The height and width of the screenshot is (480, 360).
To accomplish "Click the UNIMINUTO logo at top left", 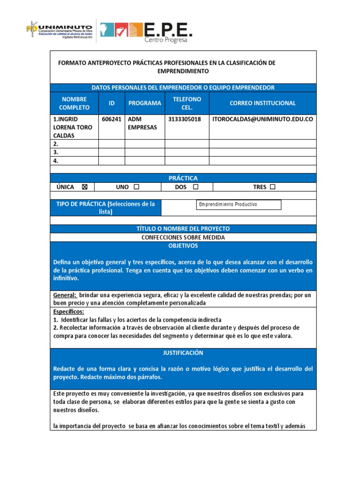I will (x=59, y=31).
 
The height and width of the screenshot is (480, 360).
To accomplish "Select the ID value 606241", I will (x=112, y=119).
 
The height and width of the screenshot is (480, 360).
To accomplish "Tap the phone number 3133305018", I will (x=184, y=119).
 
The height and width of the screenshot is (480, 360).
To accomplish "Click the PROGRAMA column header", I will (x=145, y=103).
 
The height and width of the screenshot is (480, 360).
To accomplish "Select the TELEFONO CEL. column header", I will (x=187, y=103).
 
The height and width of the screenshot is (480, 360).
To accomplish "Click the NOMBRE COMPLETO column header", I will (x=74, y=103).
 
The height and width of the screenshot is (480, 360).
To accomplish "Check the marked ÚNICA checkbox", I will (x=85, y=187).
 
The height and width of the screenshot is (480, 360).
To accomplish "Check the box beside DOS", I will (x=195, y=187).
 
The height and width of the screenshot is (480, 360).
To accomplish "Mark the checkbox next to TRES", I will (x=272, y=187).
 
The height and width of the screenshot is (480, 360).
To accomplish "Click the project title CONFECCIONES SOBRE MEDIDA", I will (x=183, y=237).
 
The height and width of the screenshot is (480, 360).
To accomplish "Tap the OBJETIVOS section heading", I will (x=183, y=246).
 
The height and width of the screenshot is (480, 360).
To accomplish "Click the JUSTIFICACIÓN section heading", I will (x=183, y=352).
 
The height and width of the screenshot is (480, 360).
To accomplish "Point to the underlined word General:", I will (x=65, y=295).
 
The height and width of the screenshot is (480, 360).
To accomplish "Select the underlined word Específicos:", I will (x=68, y=311).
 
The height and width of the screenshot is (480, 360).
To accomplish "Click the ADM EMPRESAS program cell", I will (x=142, y=123).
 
